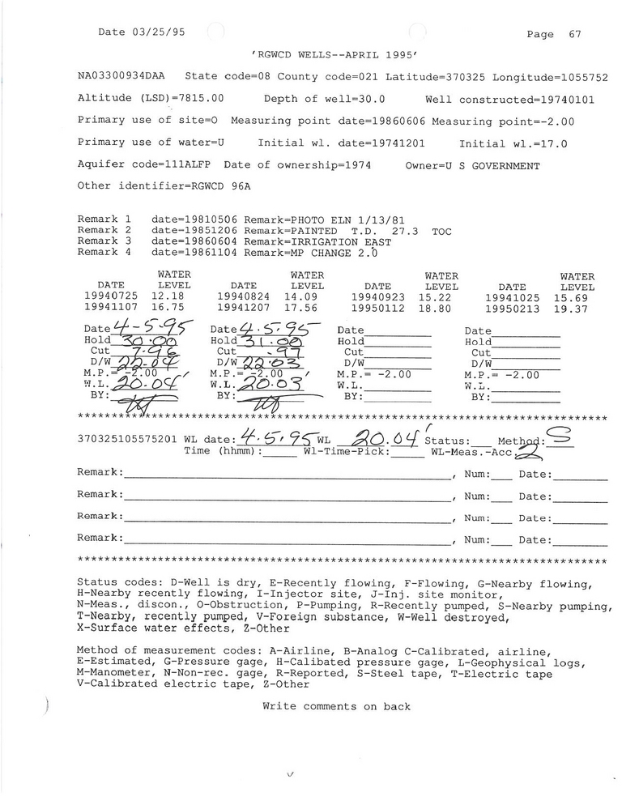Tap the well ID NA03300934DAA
[121, 77]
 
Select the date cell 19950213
[513, 309]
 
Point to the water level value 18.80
[441, 309]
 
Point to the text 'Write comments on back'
[336, 706]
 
